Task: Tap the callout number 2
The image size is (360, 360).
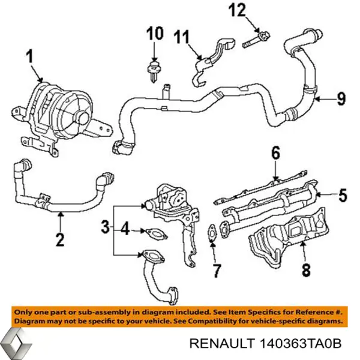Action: coord(59,240)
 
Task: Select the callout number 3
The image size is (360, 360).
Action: coord(105,228)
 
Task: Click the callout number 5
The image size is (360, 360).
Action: coord(341,194)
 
